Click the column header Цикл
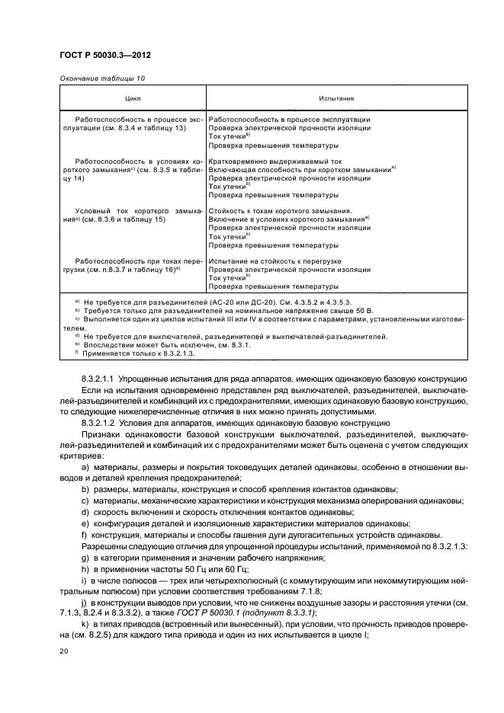(133, 99)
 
